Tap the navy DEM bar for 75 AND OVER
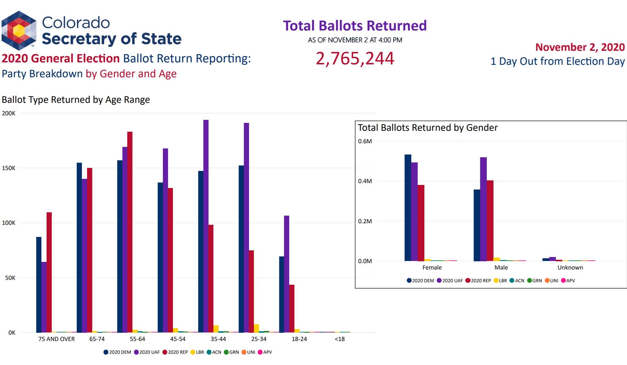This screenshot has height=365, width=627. tap(39, 284)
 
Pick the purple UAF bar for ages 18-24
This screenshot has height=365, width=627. tap(287, 274)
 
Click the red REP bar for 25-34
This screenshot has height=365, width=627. tap(251, 291)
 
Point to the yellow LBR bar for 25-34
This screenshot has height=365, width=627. tap(257, 328)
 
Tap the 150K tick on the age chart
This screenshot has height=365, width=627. tap(9, 168)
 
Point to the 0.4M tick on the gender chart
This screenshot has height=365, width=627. tap(365, 181)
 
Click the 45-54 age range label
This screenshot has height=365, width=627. tap(178, 339)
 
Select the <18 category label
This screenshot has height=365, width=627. tap(340, 339)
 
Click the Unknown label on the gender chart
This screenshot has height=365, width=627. tap(570, 267)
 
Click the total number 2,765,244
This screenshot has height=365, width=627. tap(355, 58)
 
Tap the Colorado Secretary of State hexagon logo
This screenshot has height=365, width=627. tap(19, 30)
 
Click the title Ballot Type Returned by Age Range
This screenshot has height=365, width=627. tap(76, 100)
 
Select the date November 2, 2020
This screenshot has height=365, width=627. tap(580, 47)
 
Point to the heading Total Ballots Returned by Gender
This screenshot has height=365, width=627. tap(428, 128)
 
